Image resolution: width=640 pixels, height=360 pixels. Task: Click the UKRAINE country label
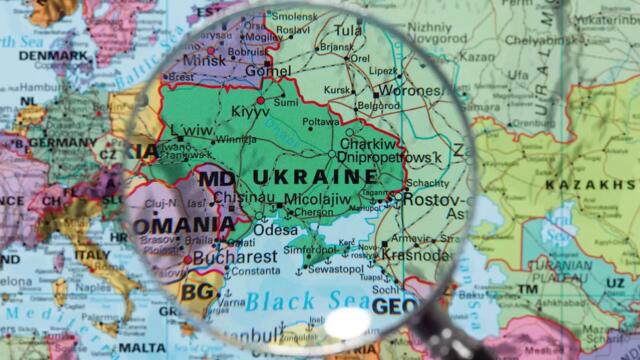point(314,177)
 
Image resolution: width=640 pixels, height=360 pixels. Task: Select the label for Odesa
point(275,229)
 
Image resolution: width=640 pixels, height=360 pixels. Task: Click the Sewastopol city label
point(335,270)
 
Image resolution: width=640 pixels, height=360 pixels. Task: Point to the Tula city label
point(348,31)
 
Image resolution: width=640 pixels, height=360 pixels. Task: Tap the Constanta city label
point(255,270)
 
